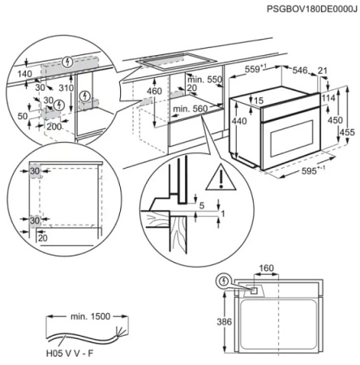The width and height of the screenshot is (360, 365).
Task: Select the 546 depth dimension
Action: tap(302, 71)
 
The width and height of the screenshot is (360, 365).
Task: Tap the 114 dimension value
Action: tap(328, 99)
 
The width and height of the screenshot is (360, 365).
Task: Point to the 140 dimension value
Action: tap(24, 72)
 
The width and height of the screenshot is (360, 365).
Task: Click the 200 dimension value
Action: tap(54, 127)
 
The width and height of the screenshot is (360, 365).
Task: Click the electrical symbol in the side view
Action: tap(225, 281)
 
